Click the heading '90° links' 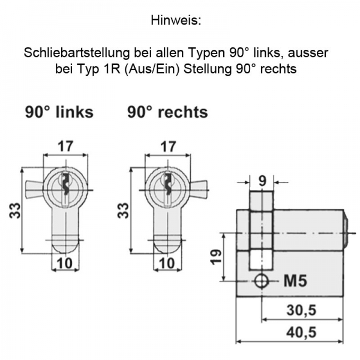tap(59, 112)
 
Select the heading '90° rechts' tap(167, 112)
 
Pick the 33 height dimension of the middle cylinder tap(122, 210)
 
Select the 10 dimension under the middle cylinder tap(169, 262)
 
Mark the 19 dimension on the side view tap(217, 256)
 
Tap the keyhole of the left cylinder tap(66, 182)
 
